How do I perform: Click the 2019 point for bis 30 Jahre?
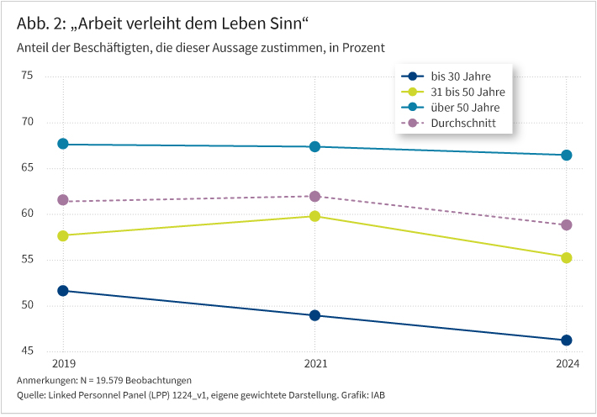click(63, 291)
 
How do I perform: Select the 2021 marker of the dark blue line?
click(314, 315)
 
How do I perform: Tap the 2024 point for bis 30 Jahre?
click(567, 340)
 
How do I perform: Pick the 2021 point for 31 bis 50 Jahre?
click(314, 216)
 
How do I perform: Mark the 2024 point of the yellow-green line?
click(567, 258)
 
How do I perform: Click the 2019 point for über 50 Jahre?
click(63, 145)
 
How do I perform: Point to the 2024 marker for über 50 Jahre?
click(567, 156)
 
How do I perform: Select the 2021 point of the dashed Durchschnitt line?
click(314, 196)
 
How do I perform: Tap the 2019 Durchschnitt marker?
click(63, 200)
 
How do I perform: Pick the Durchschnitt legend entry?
click(462, 124)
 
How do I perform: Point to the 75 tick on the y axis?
click(50, 77)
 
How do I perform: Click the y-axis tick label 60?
click(50, 214)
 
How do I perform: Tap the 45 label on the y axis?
click(50, 351)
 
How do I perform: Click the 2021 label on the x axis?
click(314, 364)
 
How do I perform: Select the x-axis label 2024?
click(567, 364)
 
